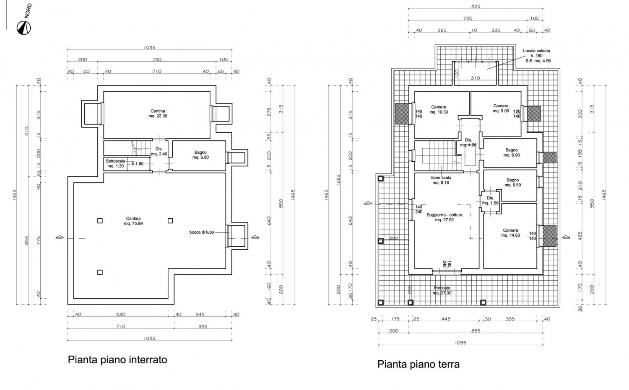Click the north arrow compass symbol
point(23,28)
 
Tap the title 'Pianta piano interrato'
point(117,359)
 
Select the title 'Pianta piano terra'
point(418,364)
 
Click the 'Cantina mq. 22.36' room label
point(158,114)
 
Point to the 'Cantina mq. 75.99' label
point(133,221)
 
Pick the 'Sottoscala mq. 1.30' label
point(115,163)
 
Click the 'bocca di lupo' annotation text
point(201,232)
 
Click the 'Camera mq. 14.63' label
point(510,232)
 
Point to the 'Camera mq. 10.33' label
point(439,109)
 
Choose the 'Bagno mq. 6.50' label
point(512,182)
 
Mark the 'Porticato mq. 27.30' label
point(442,290)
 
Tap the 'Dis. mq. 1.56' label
point(490,200)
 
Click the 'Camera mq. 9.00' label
point(501,108)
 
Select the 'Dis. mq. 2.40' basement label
point(159,151)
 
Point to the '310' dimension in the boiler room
point(475,78)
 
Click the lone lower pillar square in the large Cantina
point(100,272)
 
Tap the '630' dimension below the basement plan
point(121,314)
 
